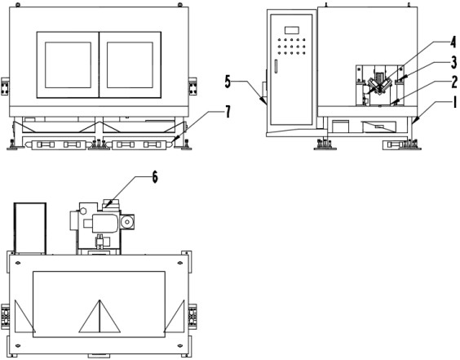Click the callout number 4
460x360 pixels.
coord(453,42)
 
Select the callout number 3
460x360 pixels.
coord(453,62)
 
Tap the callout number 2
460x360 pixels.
coord(454,82)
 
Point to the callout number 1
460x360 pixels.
coord(455,103)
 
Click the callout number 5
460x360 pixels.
coord(228,82)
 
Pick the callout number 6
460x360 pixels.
coord(155,177)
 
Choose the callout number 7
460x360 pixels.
coord(228,112)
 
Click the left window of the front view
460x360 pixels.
coord(68,64)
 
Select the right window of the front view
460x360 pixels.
coord(130,64)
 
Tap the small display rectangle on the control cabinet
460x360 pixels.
coord(292,30)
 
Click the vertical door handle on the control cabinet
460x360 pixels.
coord(276,66)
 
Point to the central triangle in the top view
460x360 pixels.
coord(100,316)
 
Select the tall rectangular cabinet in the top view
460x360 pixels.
coord(30,228)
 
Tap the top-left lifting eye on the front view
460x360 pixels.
coord(18,5)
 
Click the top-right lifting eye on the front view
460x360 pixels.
coord(180,5)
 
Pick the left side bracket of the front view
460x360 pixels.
coord(5,87)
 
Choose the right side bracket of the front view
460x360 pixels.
coord(192,87)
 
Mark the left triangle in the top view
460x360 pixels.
coord(24,317)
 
